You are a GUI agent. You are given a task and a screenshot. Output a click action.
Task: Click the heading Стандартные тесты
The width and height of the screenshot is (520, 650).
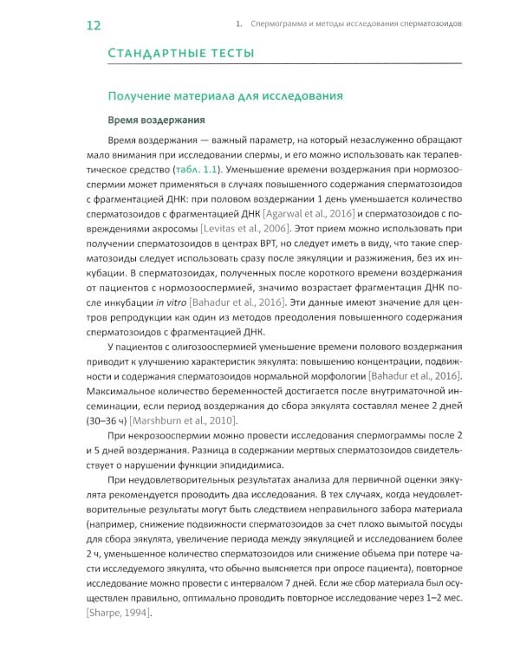coord(180,55)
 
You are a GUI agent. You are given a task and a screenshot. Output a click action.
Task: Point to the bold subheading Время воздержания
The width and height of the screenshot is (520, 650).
coord(156,120)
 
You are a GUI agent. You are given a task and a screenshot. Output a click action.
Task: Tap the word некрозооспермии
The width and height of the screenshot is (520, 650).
coord(188,442)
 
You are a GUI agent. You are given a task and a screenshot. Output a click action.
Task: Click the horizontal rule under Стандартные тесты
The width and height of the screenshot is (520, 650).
coord(277,68)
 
